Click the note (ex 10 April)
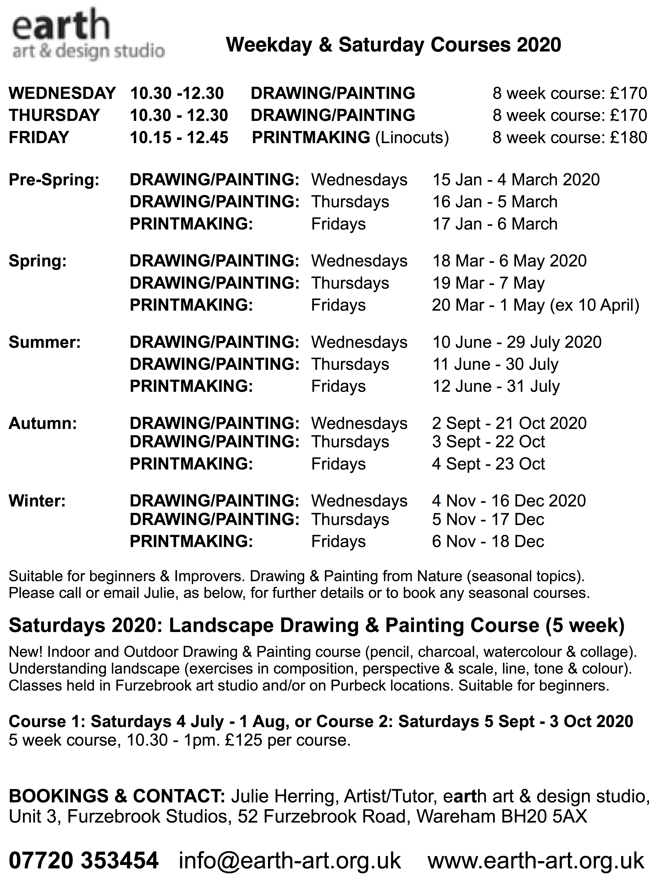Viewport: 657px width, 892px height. (x=594, y=305)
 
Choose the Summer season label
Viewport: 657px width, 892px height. (x=45, y=342)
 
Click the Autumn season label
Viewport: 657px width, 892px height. (x=43, y=423)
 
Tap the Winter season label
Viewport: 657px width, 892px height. (x=37, y=501)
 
